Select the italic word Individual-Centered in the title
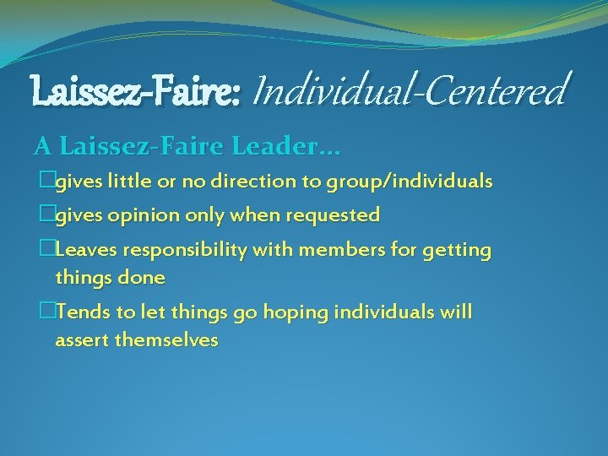[410, 90]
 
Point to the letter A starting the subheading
[41, 147]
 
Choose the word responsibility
[191, 251]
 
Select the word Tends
[84, 312]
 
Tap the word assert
[82, 340]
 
